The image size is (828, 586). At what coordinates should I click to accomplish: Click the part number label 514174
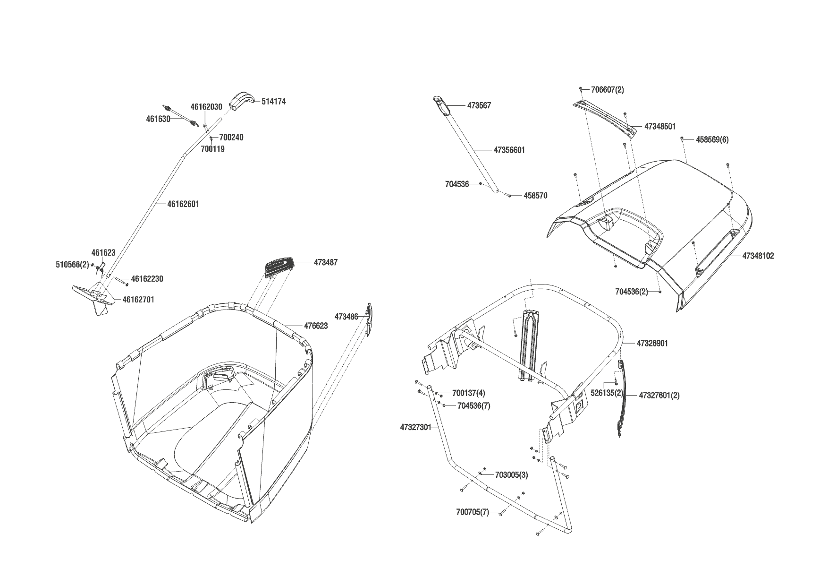(x=273, y=102)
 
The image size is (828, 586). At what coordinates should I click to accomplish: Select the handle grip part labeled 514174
(x=242, y=101)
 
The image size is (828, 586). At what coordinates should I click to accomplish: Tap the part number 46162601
(x=183, y=204)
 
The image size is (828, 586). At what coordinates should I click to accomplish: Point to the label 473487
(x=325, y=262)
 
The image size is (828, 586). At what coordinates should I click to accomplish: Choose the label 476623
(x=316, y=326)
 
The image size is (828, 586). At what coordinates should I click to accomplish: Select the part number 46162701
(x=138, y=300)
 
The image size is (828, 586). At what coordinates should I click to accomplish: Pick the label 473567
(x=479, y=105)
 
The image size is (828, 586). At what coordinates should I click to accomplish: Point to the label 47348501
(x=660, y=127)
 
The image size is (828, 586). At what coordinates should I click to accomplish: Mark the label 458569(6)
(x=711, y=140)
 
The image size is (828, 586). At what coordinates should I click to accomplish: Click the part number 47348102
(x=758, y=256)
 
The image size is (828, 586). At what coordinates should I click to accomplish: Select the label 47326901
(x=652, y=344)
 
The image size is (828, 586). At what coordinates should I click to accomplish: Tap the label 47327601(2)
(x=659, y=395)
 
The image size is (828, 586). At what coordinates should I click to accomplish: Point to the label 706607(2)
(x=607, y=90)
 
